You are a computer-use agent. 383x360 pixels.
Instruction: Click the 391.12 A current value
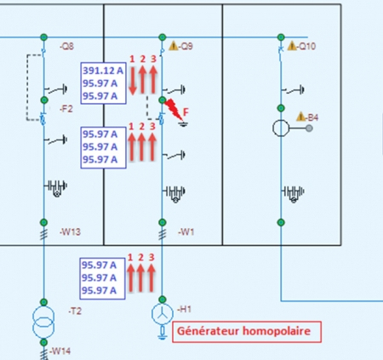103,71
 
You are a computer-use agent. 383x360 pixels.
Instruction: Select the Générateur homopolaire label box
247,332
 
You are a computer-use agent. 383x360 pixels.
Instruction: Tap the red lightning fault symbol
174,109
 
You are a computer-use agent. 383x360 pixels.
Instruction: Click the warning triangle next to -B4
300,117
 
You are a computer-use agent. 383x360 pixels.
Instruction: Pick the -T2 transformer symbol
43,322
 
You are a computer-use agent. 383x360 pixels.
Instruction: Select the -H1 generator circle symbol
163,314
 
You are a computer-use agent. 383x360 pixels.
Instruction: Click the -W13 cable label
70,231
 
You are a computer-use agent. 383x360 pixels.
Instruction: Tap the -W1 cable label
186,231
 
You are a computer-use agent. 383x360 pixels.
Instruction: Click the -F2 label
66,109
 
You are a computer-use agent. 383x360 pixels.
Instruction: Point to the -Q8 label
67,46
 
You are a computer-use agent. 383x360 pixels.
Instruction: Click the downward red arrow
133,80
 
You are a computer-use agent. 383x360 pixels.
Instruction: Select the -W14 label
60,351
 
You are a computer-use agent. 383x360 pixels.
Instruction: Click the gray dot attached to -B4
309,129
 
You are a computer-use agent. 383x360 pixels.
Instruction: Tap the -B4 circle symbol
281,129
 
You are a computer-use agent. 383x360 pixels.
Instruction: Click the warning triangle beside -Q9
174,46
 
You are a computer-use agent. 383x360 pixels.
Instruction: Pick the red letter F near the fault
186,112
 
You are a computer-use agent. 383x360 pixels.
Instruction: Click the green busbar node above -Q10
281,37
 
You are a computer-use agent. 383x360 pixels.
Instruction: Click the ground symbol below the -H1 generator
163,333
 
